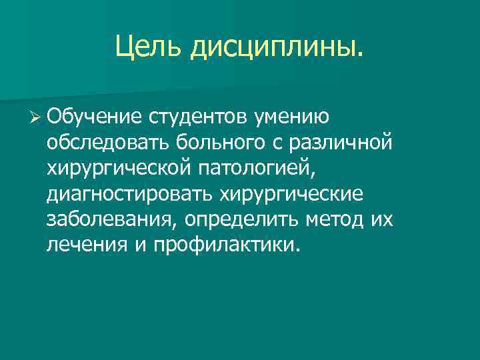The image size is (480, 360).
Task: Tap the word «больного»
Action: point(209,143)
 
